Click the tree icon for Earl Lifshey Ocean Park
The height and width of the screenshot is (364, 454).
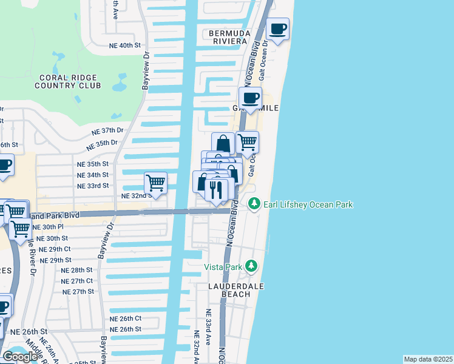[x=255, y=204]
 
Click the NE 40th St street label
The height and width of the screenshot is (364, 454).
[x=125, y=45]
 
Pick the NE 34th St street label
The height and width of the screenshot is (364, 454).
[x=93, y=175]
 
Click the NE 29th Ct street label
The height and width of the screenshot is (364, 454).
[x=55, y=249]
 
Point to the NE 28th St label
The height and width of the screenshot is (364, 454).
[x=77, y=270]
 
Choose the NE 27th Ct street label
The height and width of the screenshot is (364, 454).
[x=77, y=281]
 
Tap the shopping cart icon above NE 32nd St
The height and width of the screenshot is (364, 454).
[x=156, y=182]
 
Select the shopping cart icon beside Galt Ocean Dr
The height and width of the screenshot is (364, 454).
[x=247, y=143]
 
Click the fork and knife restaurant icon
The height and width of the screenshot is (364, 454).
[x=215, y=190]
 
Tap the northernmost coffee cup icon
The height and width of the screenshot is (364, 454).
[x=277, y=29]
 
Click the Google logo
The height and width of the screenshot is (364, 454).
[x=20, y=357]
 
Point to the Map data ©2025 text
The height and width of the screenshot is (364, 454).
[x=427, y=359]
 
